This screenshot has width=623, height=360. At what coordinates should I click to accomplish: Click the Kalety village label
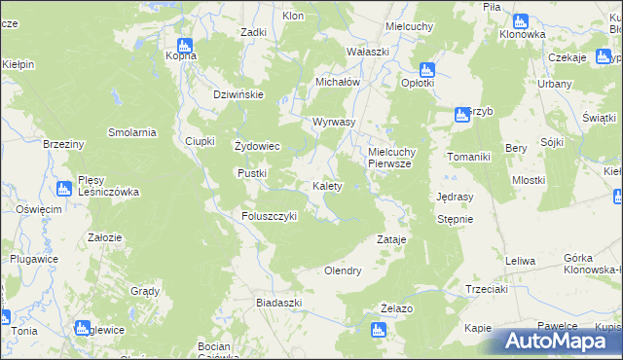point(326,186)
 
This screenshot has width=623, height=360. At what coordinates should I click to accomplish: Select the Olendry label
point(343,271)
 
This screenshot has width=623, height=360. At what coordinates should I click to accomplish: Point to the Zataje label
point(390,238)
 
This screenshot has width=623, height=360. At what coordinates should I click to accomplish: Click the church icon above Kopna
point(185,43)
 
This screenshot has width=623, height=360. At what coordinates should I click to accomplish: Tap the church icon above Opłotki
point(425,70)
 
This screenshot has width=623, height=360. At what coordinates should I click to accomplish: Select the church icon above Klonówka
point(521,20)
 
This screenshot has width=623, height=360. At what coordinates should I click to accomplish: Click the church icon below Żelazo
point(378,330)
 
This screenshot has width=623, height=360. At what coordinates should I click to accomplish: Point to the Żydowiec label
point(258,147)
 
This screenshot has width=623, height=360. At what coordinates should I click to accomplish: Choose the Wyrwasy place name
point(333,122)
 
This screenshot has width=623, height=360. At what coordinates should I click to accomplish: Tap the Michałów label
point(338,83)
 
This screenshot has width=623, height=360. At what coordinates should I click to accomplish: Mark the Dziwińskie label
point(239,94)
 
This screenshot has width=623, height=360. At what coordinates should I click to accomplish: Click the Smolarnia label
point(132,132)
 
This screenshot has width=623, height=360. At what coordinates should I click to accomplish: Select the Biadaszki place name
point(278,303)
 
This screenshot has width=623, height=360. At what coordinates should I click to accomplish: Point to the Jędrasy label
point(456,196)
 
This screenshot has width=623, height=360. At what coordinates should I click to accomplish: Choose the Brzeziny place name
point(65,143)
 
